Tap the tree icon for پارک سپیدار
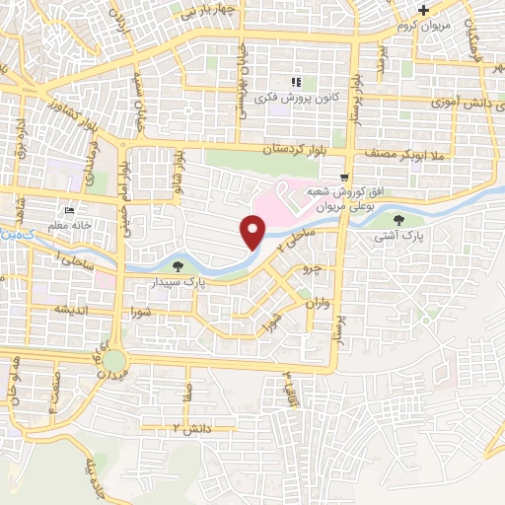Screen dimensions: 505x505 178,265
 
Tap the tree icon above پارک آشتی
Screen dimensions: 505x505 398,220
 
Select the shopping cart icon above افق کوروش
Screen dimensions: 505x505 342,178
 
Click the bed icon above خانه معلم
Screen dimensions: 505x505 69,212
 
